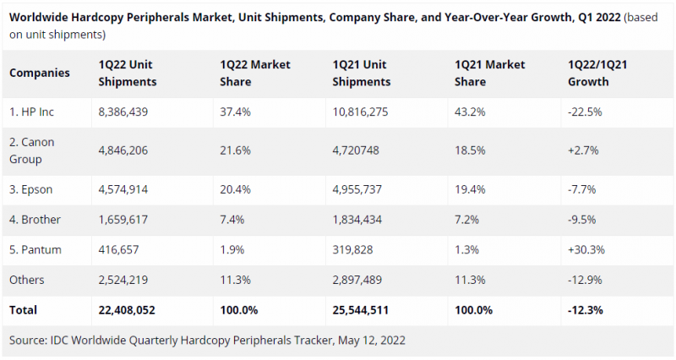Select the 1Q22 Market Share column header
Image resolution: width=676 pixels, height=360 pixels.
pos(254,74)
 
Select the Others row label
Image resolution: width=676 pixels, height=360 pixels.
pos(27,280)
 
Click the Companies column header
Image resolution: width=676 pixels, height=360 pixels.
pos(40,73)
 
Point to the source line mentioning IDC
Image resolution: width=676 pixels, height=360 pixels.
pos(208,341)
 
